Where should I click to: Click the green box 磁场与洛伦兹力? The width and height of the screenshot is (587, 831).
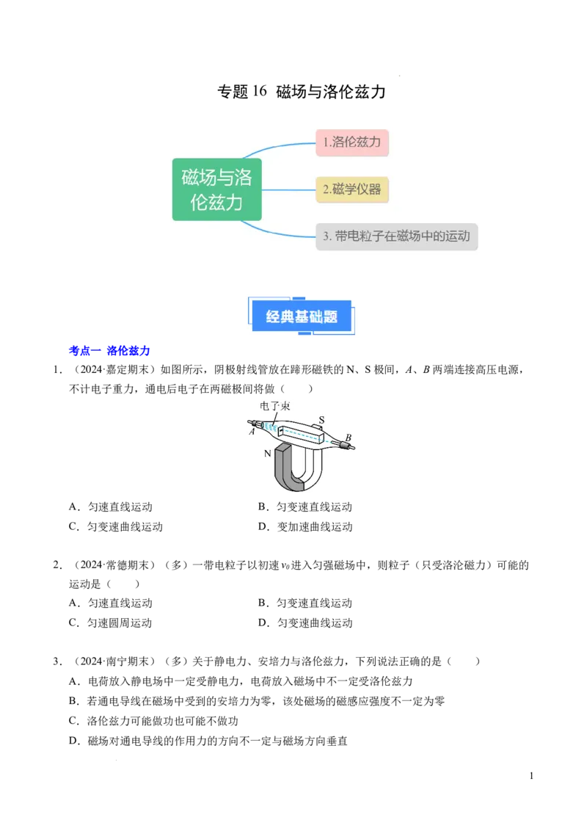point(216,189)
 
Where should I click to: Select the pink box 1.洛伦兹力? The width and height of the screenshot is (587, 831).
point(352,142)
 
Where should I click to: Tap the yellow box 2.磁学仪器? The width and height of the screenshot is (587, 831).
point(352,189)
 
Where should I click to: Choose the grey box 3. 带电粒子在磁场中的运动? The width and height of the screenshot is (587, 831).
point(397,236)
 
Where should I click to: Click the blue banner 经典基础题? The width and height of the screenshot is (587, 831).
point(302,317)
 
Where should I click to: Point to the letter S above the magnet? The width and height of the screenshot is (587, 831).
point(321,421)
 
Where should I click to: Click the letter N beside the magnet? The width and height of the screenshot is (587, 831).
point(269,454)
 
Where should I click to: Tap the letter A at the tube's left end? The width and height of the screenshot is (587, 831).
point(252,432)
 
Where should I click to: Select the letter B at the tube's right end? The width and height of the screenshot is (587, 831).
point(348,438)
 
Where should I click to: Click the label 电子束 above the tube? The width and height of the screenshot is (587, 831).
point(274,405)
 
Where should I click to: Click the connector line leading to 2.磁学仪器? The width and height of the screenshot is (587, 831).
point(288,189)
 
